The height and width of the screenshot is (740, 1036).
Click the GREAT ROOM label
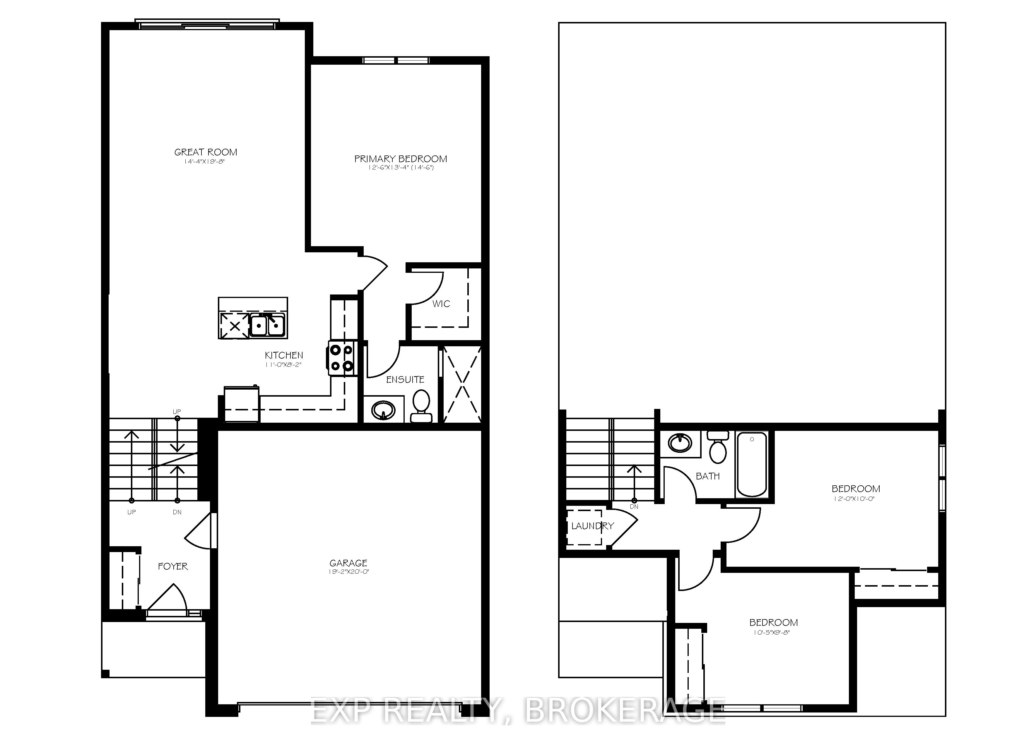point(206,152)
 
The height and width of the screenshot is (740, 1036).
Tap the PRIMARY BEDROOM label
point(401,159)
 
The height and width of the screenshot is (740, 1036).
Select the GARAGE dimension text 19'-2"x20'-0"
point(348,572)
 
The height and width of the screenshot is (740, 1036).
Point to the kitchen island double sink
point(267,325)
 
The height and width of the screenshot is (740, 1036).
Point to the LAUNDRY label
point(592,526)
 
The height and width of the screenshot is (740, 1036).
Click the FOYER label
point(173,566)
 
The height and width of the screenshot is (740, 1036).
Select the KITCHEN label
point(284,355)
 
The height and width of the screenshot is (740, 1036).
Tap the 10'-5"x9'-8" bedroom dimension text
point(773,633)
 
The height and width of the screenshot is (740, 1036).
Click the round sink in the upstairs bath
point(680,443)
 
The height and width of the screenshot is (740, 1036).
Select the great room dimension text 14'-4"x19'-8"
point(205,162)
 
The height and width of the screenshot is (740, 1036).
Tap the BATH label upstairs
point(707,476)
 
